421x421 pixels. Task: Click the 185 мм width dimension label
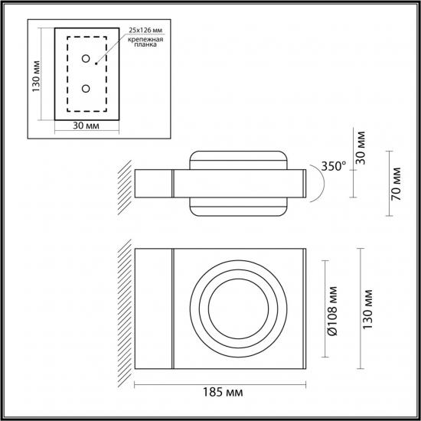(223, 392)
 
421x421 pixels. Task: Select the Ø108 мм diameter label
(332, 311)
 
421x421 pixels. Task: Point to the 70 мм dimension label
(396, 184)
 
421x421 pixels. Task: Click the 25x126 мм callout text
(145, 30)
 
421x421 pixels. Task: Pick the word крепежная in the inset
(145, 40)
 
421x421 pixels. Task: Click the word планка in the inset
(145, 44)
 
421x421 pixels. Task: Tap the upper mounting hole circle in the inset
(86, 58)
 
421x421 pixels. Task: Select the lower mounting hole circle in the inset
(86, 88)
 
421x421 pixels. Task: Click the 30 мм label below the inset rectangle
(86, 126)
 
